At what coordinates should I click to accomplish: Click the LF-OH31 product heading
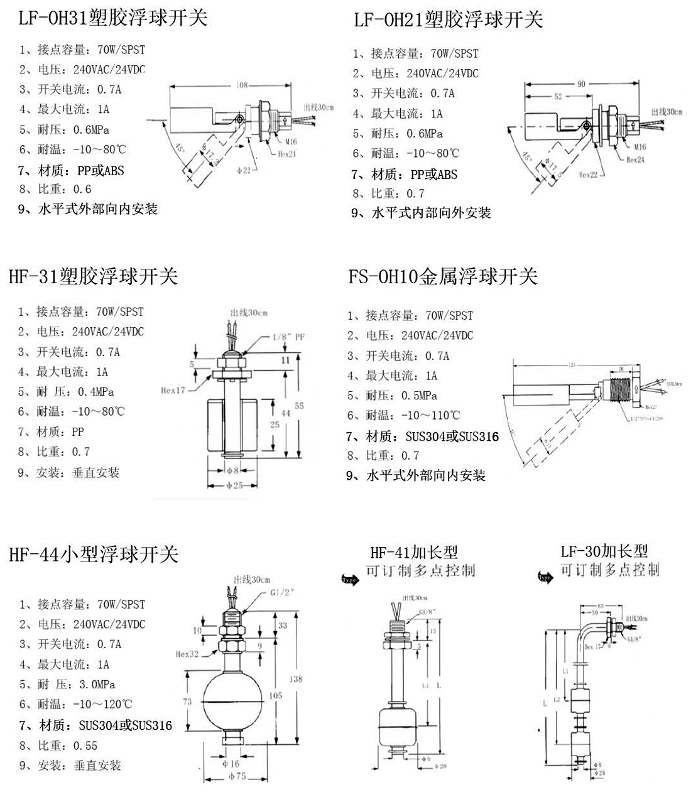pos(113,18)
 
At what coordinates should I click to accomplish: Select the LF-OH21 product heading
pos(448,20)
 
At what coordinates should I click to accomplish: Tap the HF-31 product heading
pos(94,276)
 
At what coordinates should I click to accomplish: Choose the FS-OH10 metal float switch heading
pos(443,276)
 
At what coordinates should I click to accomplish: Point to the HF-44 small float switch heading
pos(94,555)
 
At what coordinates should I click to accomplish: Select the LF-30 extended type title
pos(604,551)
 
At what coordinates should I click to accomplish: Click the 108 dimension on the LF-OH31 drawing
pos(242,85)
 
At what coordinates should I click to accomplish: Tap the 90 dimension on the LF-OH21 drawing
pos(580,84)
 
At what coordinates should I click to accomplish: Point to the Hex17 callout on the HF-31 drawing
pos(173,390)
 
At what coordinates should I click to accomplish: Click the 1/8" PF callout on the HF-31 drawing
pos(288,337)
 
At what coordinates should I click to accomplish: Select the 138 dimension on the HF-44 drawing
pos(296,679)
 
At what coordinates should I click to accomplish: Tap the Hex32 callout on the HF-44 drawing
pos(187,654)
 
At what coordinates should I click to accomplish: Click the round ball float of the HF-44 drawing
pos(233,701)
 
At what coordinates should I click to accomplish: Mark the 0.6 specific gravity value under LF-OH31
pos(82,189)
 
